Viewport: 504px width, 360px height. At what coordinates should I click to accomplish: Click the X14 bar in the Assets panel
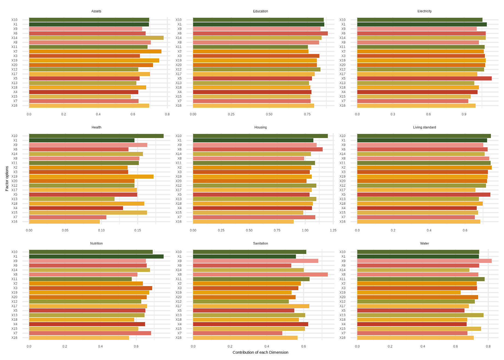point(96,38)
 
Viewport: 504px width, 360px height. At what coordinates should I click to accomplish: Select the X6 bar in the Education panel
point(260,33)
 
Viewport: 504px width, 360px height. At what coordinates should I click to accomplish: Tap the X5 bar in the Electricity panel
point(424,79)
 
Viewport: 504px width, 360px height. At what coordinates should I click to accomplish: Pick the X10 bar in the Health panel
point(96,136)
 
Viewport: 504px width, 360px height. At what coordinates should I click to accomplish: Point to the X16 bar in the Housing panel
point(243,222)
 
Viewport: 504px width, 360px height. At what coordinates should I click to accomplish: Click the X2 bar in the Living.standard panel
point(424,167)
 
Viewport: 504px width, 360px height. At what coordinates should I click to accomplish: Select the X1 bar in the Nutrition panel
point(96,256)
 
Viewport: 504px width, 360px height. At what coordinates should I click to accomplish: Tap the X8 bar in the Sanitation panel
point(260,274)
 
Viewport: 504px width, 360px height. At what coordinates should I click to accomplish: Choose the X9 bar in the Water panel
point(424,261)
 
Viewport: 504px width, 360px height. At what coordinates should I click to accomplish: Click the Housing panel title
point(260,127)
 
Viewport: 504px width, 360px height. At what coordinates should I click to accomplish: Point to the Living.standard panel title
point(424,127)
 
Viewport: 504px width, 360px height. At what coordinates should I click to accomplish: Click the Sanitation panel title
point(260,244)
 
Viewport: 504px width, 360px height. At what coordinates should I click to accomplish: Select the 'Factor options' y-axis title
point(7,179)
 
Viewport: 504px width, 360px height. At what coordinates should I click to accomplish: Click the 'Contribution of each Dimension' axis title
point(260,352)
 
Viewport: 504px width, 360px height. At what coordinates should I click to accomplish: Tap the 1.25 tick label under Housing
point(333,230)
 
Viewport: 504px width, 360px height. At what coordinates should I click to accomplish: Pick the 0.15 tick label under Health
point(137,230)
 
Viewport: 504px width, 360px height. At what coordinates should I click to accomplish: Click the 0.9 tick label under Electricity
point(464,114)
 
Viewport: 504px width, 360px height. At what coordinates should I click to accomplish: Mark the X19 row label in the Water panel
point(342,293)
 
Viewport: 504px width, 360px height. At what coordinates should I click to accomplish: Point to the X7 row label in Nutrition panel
point(15,333)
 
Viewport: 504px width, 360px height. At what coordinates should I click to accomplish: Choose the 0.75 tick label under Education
point(307,114)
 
